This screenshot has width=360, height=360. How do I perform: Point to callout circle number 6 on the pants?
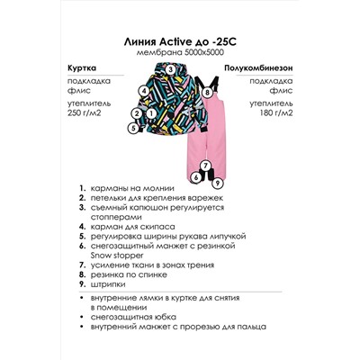click(195, 176)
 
